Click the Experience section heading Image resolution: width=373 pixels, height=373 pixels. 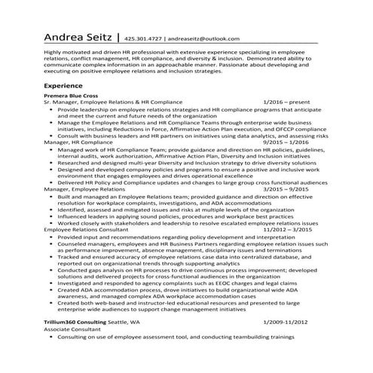(64, 87)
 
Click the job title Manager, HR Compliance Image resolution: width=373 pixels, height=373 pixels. (79, 142)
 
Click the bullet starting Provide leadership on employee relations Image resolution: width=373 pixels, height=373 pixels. (188, 109)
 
